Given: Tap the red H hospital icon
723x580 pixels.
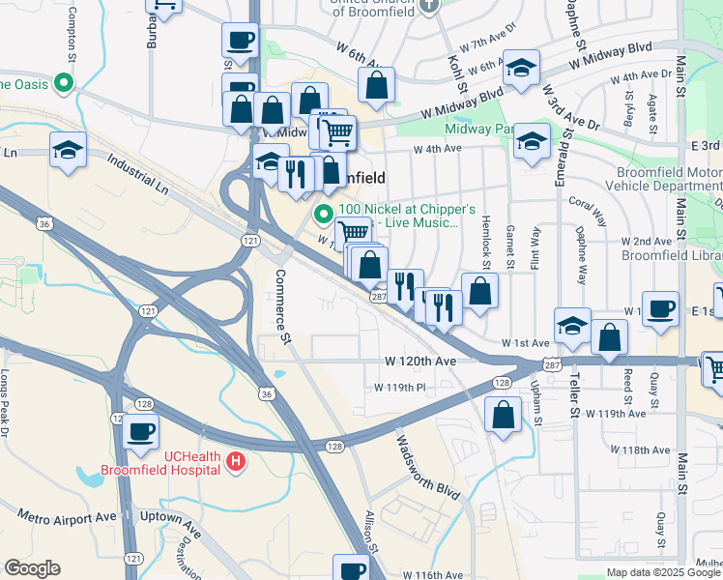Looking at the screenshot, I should tap(234, 463).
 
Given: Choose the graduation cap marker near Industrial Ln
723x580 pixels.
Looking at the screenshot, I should tap(69, 151).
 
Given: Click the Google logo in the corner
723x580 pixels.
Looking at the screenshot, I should tap(32, 568).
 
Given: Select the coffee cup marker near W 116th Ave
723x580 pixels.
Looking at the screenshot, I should tap(351, 568).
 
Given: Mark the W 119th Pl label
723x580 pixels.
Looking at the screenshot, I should tap(400, 388).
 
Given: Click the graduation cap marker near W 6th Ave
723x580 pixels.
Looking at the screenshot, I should tap(521, 68).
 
